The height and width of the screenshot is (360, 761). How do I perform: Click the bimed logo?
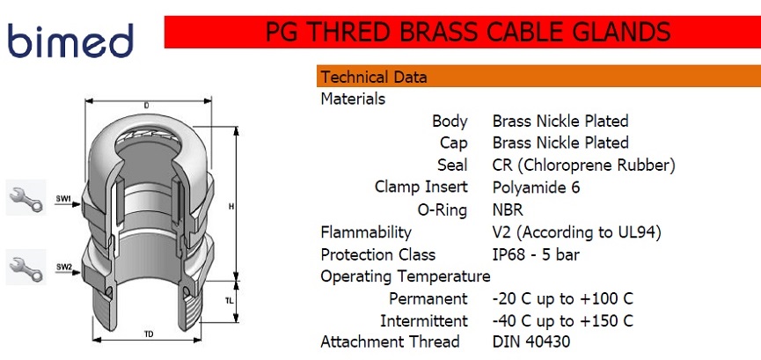[x=70, y=40]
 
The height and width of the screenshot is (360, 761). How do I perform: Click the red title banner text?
[x=468, y=32]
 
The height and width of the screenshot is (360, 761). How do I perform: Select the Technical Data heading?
[x=374, y=77]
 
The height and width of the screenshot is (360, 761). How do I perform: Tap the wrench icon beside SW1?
[x=26, y=197]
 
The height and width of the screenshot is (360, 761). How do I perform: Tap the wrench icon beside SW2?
[x=26, y=268]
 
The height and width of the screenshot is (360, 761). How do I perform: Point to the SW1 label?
[x=63, y=199]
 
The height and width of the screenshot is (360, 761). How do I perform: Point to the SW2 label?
[x=63, y=267]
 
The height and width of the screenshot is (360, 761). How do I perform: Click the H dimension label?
[x=231, y=207]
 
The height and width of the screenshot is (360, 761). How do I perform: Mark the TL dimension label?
[x=229, y=301]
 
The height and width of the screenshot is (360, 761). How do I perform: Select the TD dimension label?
[x=149, y=334]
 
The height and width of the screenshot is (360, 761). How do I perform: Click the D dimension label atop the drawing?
[x=147, y=105]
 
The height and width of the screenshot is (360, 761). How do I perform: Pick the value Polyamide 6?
[x=536, y=187]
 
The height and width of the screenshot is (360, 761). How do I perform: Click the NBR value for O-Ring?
[x=508, y=209]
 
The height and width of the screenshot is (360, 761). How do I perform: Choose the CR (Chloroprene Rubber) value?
[x=583, y=165]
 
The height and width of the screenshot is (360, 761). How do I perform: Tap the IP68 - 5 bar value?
[x=536, y=254]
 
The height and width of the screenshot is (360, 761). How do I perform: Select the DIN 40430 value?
[x=531, y=342]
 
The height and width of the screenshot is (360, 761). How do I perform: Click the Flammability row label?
[x=366, y=232]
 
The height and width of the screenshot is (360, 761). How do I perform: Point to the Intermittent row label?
[x=424, y=320]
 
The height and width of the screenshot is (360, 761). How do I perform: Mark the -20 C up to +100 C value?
[x=562, y=298]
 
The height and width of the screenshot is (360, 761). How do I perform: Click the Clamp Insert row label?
[x=421, y=187]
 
